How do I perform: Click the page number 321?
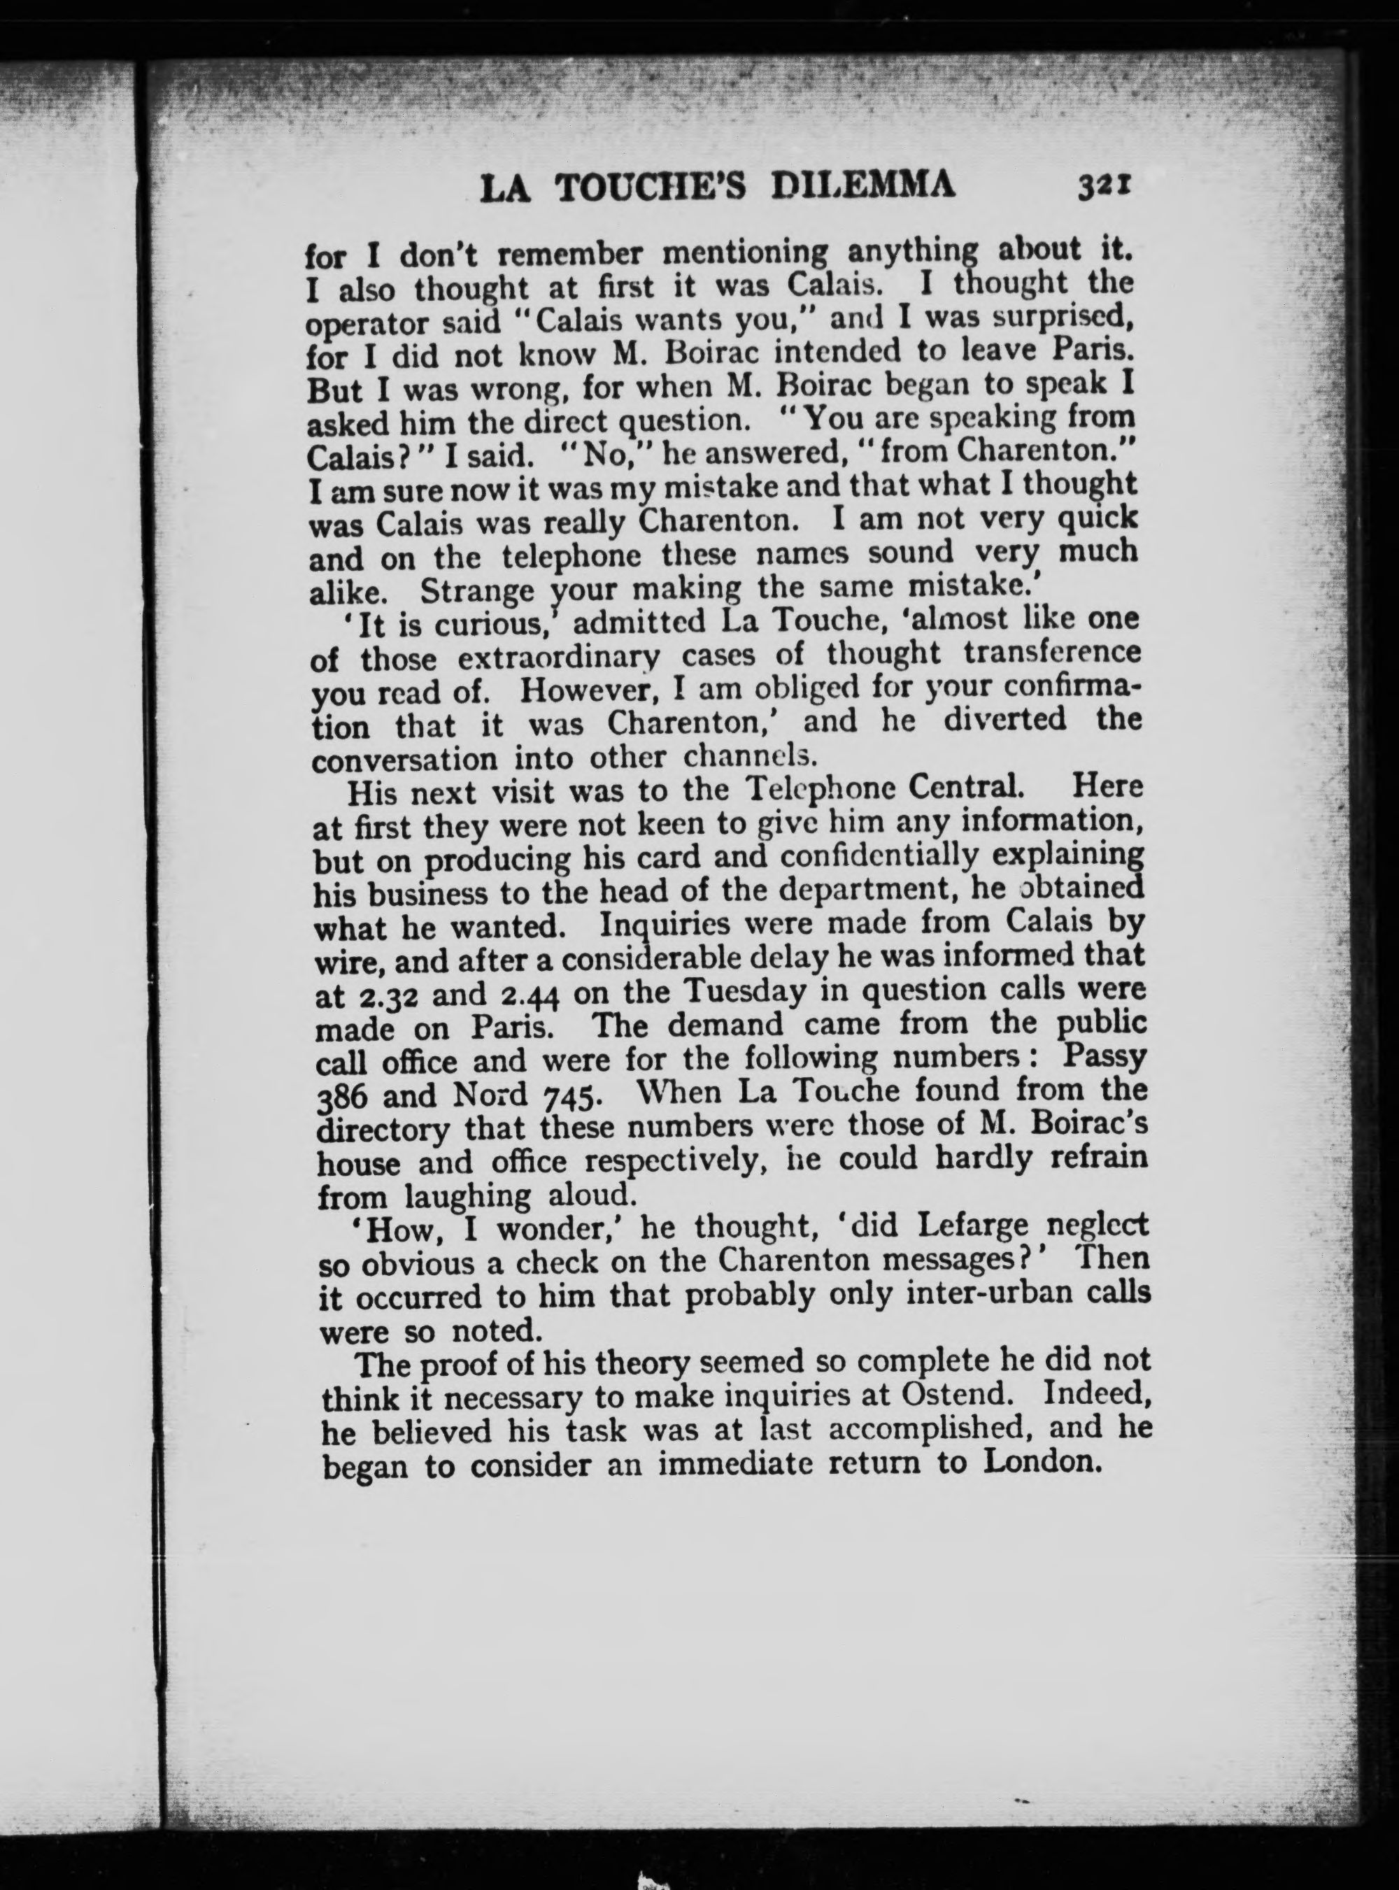point(1106,185)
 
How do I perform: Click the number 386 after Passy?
point(345,1097)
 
